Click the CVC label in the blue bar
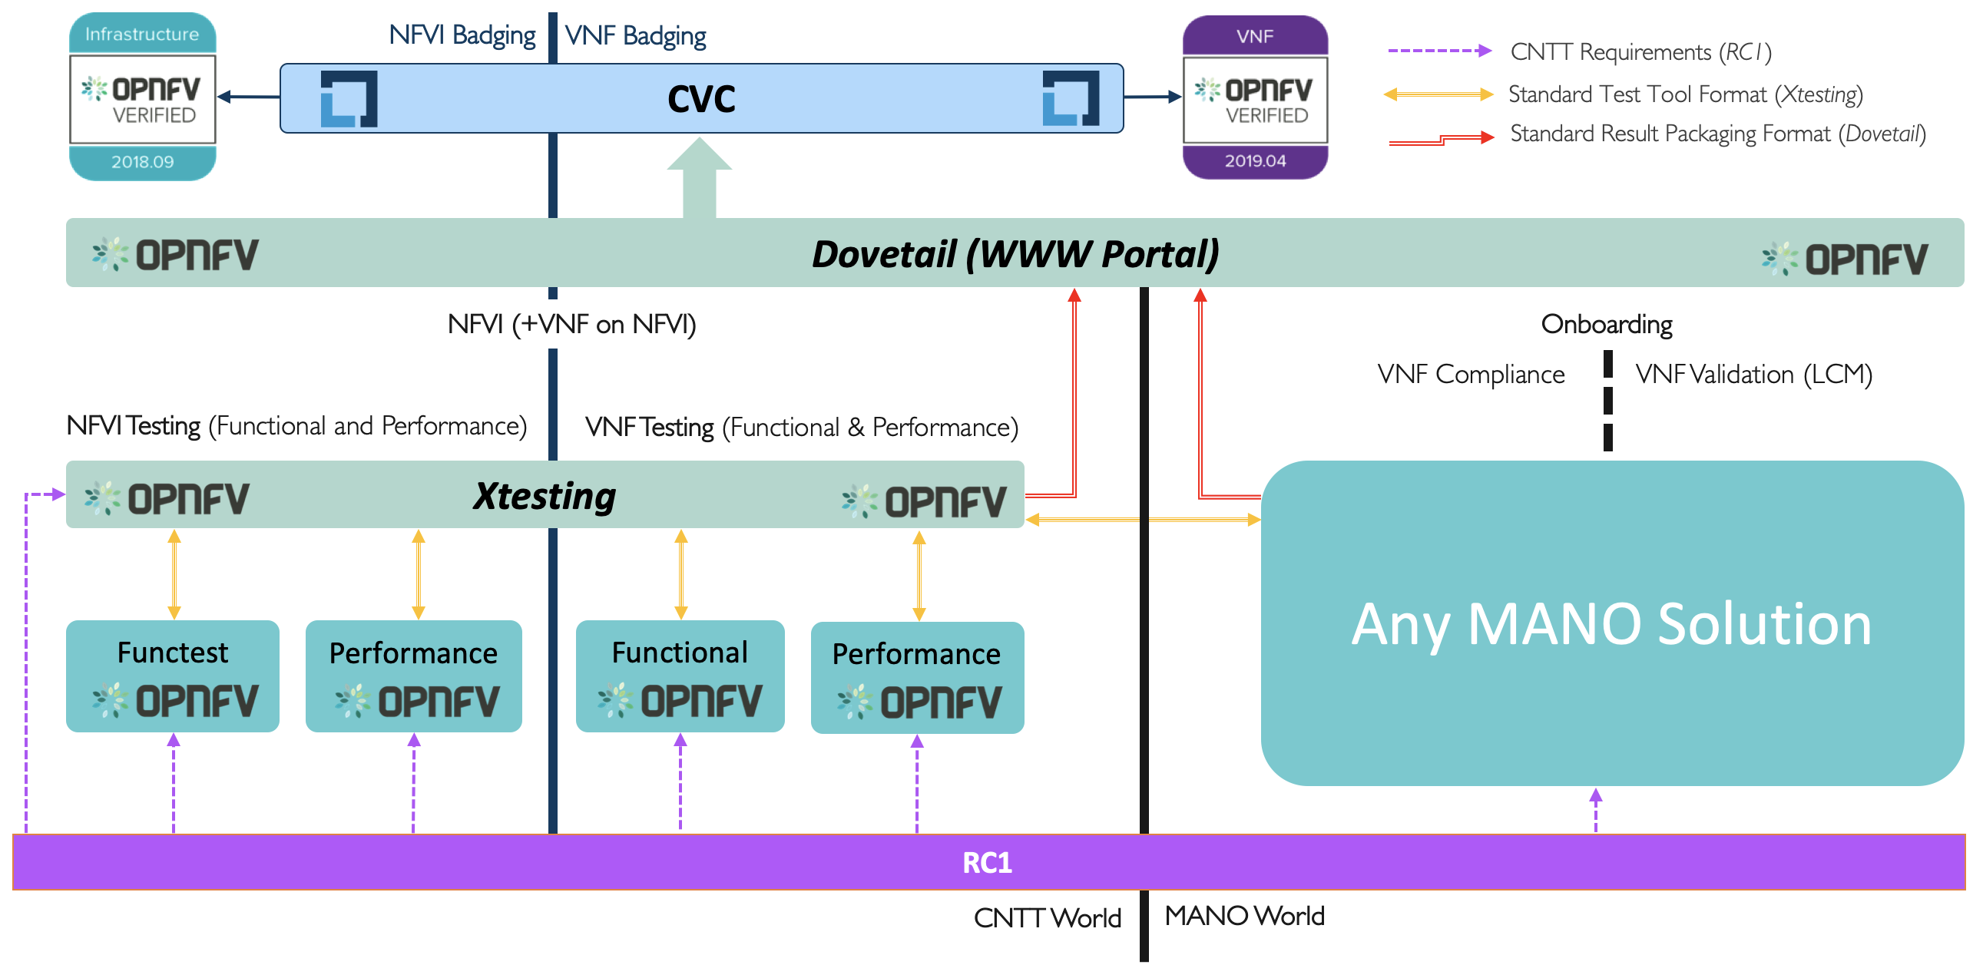pyautogui.click(x=701, y=99)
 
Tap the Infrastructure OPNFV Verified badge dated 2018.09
pyautogui.click(x=142, y=97)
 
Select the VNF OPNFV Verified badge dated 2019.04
pyautogui.click(x=1255, y=97)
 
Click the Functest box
pyautogui.click(x=173, y=676)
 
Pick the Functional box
pyautogui.click(x=680, y=676)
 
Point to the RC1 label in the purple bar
pyautogui.click(x=987, y=863)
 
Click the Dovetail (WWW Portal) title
pyautogui.click(x=1015, y=254)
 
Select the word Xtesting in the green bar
pyautogui.click(x=545, y=496)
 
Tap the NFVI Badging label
pyautogui.click(x=462, y=35)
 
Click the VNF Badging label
pyautogui.click(x=635, y=36)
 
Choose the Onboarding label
pyautogui.click(x=1607, y=324)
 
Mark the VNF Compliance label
pyautogui.click(x=1470, y=374)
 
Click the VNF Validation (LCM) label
pyautogui.click(x=1753, y=374)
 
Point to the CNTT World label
pyautogui.click(x=1047, y=918)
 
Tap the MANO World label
pyautogui.click(x=1244, y=916)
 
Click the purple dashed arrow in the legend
pyautogui.click(x=1438, y=51)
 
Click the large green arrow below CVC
pyautogui.click(x=699, y=179)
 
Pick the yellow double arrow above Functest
pyautogui.click(x=174, y=574)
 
